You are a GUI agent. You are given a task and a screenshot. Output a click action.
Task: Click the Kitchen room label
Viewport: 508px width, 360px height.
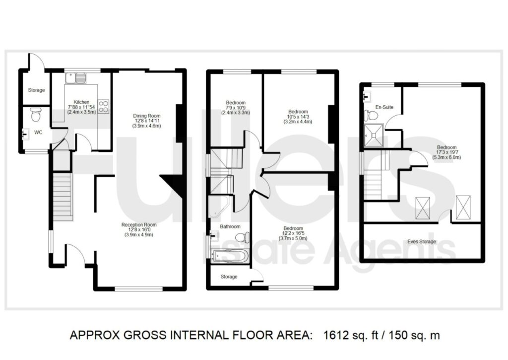click(x=81, y=102)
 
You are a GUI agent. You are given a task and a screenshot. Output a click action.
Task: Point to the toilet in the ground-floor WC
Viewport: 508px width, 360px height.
click(x=35, y=115)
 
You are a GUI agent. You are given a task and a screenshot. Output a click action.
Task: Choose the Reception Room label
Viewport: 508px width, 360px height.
click(x=139, y=225)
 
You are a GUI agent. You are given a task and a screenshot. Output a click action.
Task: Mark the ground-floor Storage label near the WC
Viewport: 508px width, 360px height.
click(x=36, y=90)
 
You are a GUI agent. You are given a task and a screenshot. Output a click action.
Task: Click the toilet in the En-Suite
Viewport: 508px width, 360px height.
click(x=372, y=116)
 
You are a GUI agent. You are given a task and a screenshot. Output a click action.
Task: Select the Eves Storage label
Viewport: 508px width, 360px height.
click(x=422, y=242)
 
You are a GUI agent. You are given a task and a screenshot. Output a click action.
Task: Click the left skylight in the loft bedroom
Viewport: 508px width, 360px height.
click(x=423, y=207)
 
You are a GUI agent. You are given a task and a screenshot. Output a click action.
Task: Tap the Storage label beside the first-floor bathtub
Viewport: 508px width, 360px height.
click(x=229, y=277)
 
